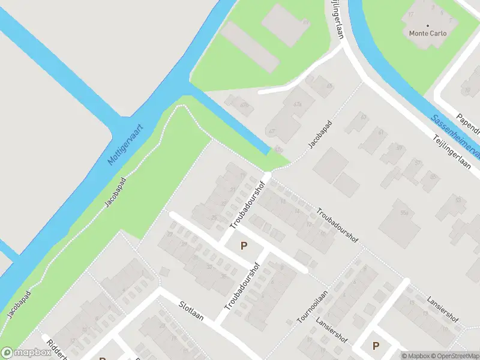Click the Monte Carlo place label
click(x=428, y=34)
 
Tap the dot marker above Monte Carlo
click(x=428, y=25)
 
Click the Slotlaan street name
click(x=191, y=312)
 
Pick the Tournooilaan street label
click(x=313, y=307)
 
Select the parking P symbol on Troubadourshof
click(x=244, y=245)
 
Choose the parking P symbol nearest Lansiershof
click(x=376, y=346)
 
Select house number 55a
click(x=404, y=212)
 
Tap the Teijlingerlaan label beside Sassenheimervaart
click(x=451, y=152)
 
